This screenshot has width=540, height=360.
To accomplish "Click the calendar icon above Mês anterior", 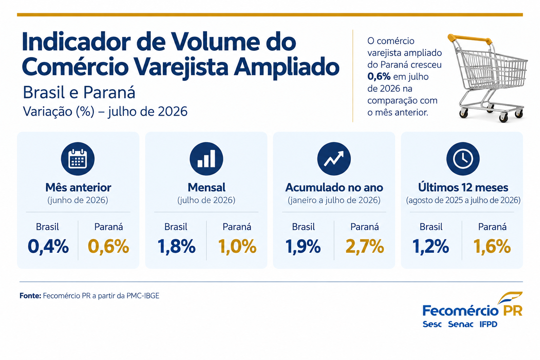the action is pos(78,159).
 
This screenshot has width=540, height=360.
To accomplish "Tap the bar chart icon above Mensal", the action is pos(206,159).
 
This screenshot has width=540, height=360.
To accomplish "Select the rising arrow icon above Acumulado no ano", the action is pos(334,159).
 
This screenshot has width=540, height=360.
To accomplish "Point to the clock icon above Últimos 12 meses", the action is pos(463,159).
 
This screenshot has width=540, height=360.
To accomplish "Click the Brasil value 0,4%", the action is pos(48,247).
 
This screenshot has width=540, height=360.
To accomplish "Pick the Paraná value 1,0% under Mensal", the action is pos(237,247).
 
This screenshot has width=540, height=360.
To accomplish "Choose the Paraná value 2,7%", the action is pos(365,247).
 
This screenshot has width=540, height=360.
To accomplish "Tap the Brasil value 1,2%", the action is pos(431,247).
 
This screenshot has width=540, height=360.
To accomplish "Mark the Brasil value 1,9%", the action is pos(303,247).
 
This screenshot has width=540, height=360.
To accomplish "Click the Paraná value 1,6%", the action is pos(492,247).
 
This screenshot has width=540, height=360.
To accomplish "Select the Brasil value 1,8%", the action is pos(176,247).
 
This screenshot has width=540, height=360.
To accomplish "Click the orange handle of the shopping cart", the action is pos(470,39).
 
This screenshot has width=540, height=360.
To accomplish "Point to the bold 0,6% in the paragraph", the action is pos(379,77).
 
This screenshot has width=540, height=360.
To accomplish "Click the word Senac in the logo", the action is pos(461,324).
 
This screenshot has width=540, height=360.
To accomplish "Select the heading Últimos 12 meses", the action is pos(463,187).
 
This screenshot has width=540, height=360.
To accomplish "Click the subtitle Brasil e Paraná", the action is pos(79,92).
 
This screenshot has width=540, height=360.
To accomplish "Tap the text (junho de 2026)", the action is pos(78,200).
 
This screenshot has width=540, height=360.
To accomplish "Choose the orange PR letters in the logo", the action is pos(513,310).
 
